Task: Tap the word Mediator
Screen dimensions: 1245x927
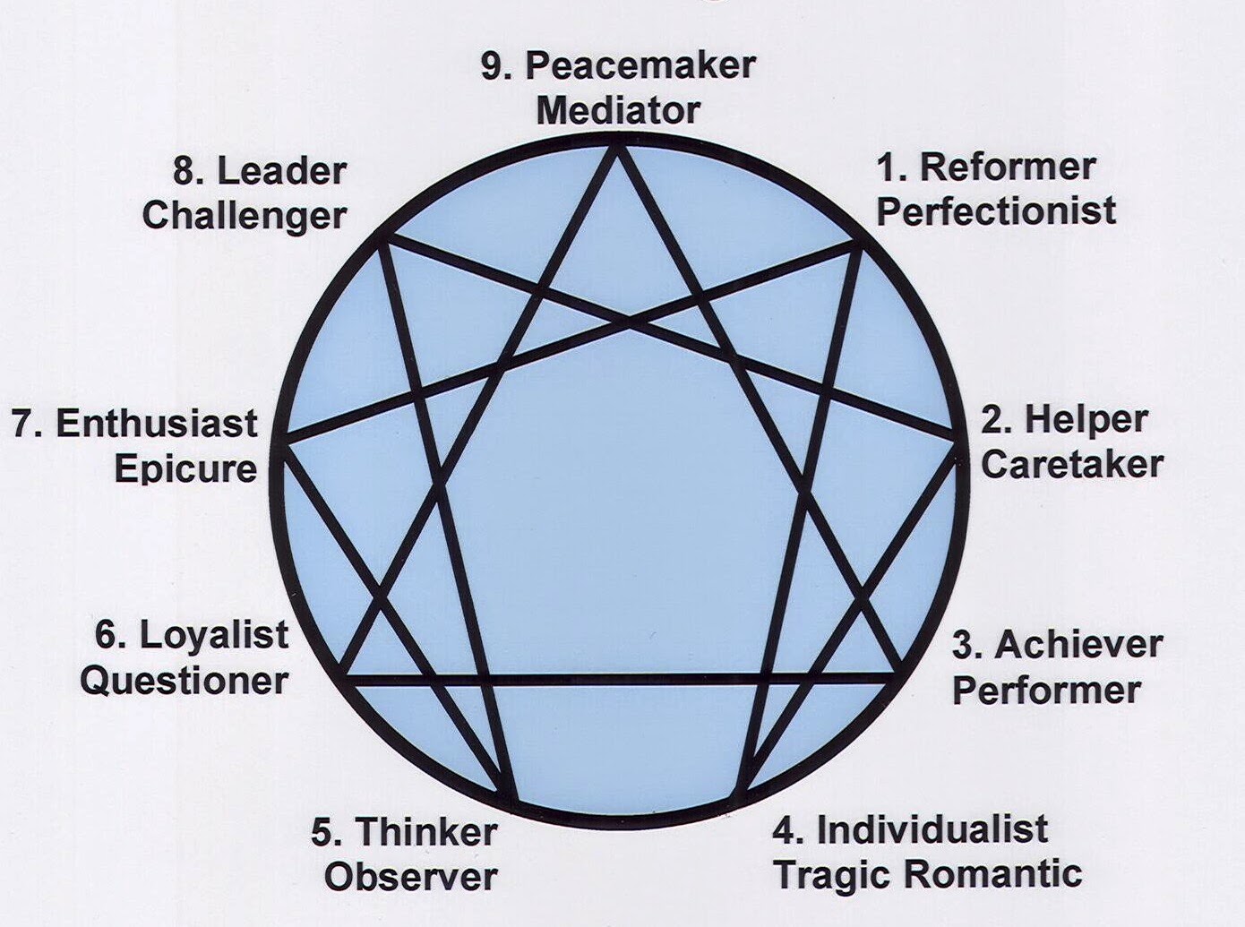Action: tap(617, 111)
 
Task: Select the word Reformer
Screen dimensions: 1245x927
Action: tap(1008, 167)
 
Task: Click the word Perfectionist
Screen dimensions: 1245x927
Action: tap(996, 211)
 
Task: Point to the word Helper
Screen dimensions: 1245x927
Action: tap(1086, 419)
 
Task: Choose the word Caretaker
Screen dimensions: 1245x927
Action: tap(1072, 464)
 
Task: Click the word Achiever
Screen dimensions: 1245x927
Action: tap(1078, 645)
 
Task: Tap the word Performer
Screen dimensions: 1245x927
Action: tap(1046, 691)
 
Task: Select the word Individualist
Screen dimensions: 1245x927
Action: tap(932, 829)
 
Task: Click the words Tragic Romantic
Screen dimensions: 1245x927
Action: tap(928, 874)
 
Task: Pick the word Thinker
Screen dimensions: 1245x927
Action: tap(427, 832)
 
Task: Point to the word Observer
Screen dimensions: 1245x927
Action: tap(410, 876)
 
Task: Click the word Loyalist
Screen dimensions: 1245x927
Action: tap(214, 635)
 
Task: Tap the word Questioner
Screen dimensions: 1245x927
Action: tap(184, 680)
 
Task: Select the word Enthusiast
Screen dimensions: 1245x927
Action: tap(157, 424)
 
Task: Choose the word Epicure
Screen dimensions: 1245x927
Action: tap(185, 469)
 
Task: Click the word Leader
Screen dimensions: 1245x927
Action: tap(281, 171)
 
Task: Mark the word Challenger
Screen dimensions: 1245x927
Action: tap(244, 216)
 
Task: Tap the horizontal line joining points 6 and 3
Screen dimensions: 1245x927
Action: tap(618, 679)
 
